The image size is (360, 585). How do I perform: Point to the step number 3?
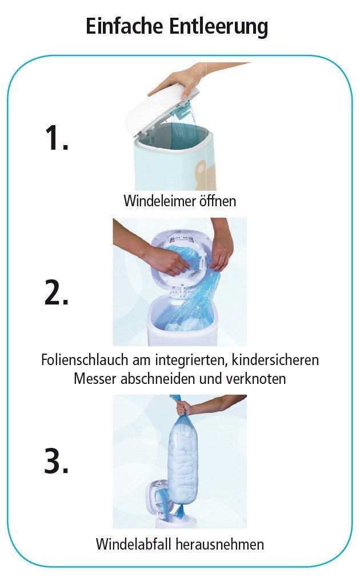[56, 462]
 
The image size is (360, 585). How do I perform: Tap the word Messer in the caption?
[95, 378]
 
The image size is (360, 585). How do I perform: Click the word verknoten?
[257, 378]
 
